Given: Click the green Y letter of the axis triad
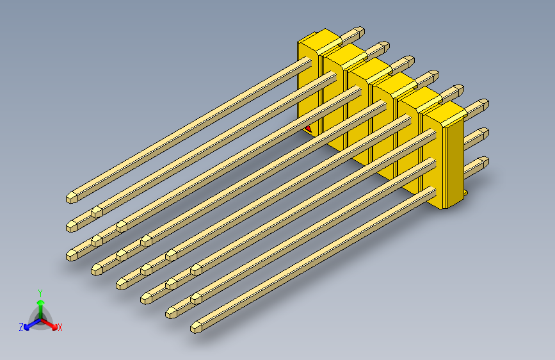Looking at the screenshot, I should tap(40, 291).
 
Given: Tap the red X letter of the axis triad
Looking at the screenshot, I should tap(60, 328).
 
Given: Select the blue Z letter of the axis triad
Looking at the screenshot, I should tap(21, 327).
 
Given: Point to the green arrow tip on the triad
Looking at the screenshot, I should tap(40, 301).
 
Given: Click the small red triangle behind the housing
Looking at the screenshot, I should tap(308, 128).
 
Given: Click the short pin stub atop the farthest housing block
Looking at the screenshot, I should tap(353, 33).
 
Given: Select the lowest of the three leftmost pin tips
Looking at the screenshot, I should tap(73, 254).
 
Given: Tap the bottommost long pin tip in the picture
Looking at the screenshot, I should tap(197, 327).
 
